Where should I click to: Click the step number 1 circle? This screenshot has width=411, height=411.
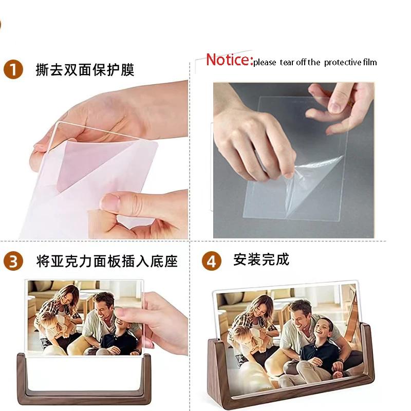pos(13,69)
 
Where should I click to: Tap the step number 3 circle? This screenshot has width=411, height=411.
pos(13,261)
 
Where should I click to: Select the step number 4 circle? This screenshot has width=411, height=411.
pos(211,261)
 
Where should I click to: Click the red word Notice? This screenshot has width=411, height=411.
pos(229,60)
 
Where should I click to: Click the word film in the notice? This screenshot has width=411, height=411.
pos(370,63)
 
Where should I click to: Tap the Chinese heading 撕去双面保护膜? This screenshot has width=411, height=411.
pos(85,70)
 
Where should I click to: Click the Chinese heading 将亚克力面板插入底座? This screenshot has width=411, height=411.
pos(107,261)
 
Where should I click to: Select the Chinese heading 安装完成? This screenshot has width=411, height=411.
pos(261,259)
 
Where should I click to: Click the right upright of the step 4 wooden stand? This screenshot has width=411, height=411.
pos(366,354)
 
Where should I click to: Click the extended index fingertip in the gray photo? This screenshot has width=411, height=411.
pos(337,106)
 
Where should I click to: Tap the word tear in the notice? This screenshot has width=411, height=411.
pos(286,63)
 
